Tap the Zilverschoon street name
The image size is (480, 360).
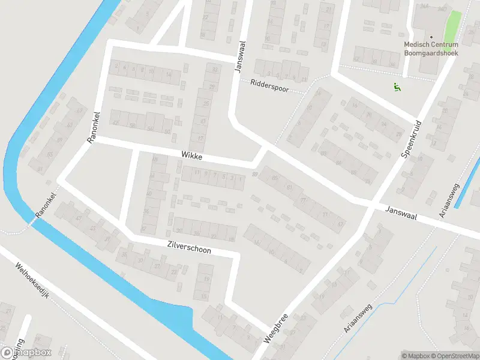189,246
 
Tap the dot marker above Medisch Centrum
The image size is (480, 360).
431,37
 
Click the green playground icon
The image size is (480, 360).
396,88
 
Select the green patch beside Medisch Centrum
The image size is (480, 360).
453,24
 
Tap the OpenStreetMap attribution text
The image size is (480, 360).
455,355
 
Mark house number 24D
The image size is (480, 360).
442,8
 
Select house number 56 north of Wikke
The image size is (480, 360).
133,127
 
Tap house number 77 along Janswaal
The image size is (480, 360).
304,200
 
